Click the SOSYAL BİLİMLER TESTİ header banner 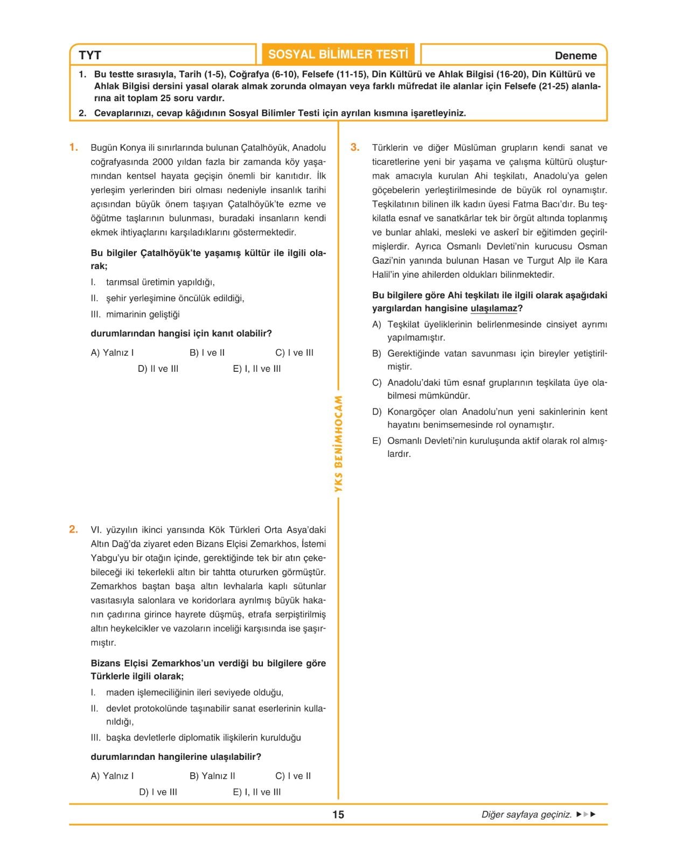pyautogui.click(x=338, y=54)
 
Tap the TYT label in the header pyautogui.click(x=90, y=55)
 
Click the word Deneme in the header pyautogui.click(x=575, y=55)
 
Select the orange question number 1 pyautogui.click(x=74, y=147)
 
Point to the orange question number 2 pyautogui.click(x=74, y=530)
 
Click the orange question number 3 pyautogui.click(x=355, y=147)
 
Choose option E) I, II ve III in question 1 pyautogui.click(x=257, y=369)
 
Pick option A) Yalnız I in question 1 pyautogui.click(x=112, y=352)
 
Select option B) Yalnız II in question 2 pyautogui.click(x=212, y=775)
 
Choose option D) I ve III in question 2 pyautogui.click(x=158, y=792)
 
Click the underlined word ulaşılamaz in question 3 pyautogui.click(x=493, y=308)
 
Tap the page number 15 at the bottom pyautogui.click(x=338, y=814)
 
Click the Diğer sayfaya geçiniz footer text pyautogui.click(x=526, y=814)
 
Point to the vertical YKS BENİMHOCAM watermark pyautogui.click(x=338, y=444)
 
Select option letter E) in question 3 pyautogui.click(x=376, y=441)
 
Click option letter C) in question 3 pyautogui.click(x=376, y=383)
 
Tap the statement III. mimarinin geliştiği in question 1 pyautogui.click(x=135, y=314)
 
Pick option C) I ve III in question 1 pyautogui.click(x=294, y=352)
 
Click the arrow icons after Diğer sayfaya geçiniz pyautogui.click(x=586, y=814)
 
